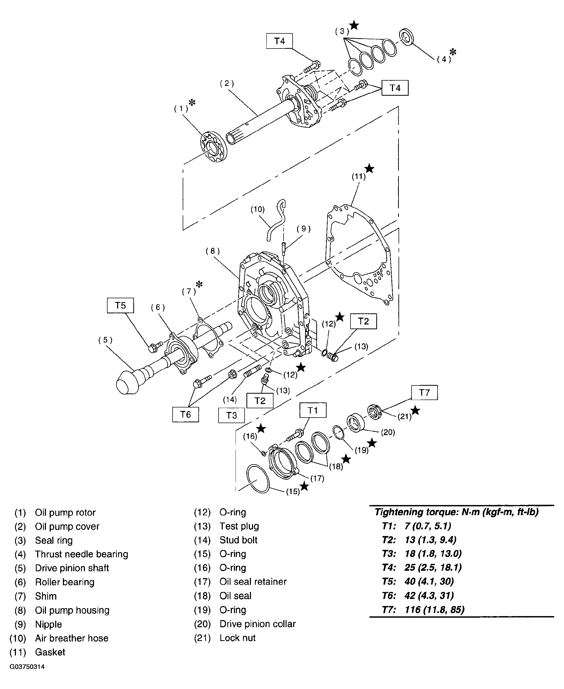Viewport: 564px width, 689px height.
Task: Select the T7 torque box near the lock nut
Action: click(x=424, y=393)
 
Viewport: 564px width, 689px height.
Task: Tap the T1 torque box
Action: click(x=313, y=410)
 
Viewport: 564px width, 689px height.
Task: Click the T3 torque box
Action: click(x=231, y=415)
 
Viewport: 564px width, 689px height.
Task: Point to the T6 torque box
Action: click(x=186, y=414)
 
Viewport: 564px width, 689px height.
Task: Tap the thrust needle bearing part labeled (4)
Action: click(x=407, y=37)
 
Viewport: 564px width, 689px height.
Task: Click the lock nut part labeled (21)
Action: click(x=375, y=412)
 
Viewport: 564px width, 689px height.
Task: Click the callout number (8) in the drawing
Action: click(x=213, y=251)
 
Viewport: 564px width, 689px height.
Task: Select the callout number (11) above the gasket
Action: click(x=359, y=177)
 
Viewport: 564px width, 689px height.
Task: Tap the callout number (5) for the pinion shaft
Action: click(x=106, y=340)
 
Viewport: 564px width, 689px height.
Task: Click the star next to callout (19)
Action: click(x=372, y=443)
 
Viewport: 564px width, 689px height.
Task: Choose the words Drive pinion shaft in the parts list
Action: click(x=72, y=568)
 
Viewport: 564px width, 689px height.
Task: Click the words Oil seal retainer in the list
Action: click(x=253, y=582)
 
